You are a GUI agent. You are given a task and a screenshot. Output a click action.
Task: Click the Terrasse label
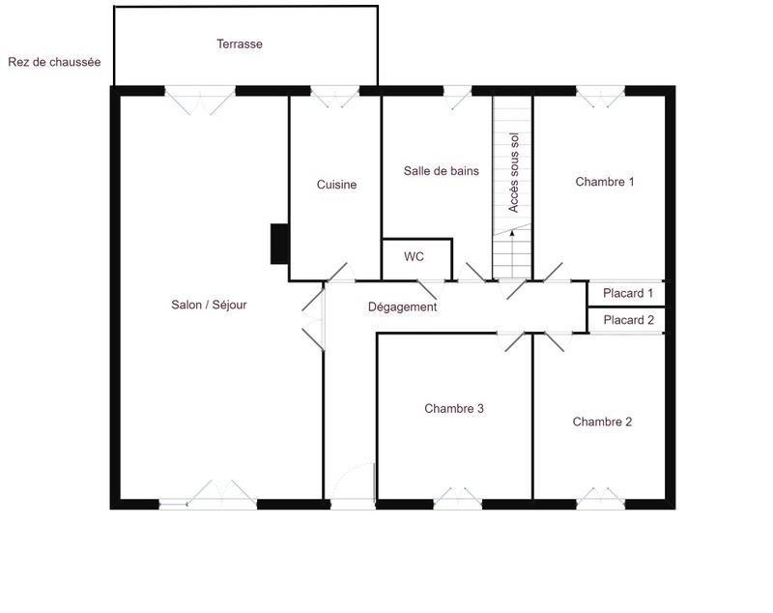[240, 44]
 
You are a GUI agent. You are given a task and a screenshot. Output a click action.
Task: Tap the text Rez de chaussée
[54, 62]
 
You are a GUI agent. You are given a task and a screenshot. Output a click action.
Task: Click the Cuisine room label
[337, 185]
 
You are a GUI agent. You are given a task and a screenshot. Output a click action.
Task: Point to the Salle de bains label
[441, 171]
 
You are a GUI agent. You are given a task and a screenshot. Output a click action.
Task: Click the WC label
[414, 257]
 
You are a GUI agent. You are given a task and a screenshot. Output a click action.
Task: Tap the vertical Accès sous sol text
[514, 173]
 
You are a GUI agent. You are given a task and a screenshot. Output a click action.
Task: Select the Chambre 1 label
[605, 182]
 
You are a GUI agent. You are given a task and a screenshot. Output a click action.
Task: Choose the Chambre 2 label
[602, 422]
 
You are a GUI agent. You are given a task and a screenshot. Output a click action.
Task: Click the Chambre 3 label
[454, 409]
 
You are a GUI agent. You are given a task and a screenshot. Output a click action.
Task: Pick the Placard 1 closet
[628, 293]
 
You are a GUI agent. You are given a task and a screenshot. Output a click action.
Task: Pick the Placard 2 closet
[628, 320]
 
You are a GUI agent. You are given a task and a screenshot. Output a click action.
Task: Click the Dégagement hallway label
[403, 307]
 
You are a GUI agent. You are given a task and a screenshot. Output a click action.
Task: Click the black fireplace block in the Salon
[279, 244]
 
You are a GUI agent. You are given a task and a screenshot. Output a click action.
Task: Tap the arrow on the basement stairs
[511, 234]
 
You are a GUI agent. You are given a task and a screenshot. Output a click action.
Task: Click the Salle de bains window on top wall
[457, 92]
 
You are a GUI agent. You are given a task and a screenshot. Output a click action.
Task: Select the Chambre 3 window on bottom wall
[457, 501]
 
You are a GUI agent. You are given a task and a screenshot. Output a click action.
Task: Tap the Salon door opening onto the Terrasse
[199, 97]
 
